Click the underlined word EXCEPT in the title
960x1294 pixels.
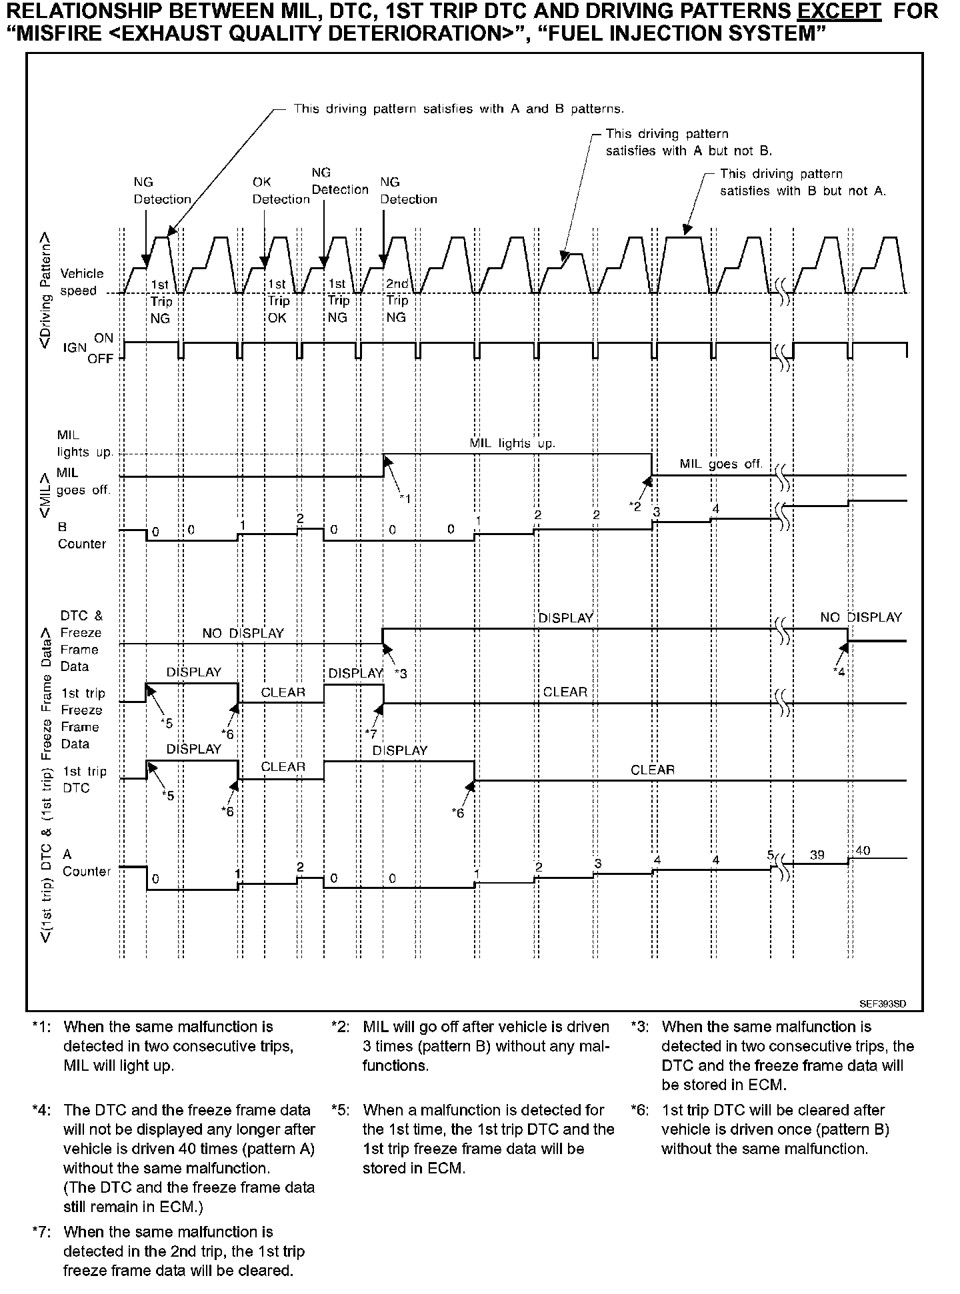pos(845,11)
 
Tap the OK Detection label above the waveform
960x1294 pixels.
pos(281,191)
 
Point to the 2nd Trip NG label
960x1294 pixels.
pos(397,301)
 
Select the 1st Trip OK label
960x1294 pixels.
pos(277,301)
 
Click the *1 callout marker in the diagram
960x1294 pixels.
pos(405,498)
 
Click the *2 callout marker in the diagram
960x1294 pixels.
pos(635,506)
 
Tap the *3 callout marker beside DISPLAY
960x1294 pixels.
pos(400,674)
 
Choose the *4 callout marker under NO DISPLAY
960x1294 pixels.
pos(839,672)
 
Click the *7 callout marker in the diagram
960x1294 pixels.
pos(371,734)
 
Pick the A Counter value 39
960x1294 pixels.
pos(817,854)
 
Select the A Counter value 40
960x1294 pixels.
pos(863,851)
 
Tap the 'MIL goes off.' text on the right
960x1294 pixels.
pos(721,464)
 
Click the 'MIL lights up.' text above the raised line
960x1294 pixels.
pos(512,443)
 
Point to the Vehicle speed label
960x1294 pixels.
pos(81,282)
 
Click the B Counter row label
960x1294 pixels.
pos(81,535)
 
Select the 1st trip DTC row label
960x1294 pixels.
pos(85,780)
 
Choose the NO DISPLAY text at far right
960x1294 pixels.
pos(861,617)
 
